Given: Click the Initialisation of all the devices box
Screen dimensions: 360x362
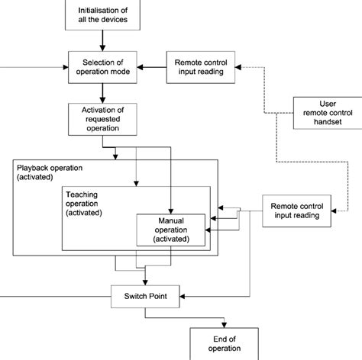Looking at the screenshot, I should click(x=104, y=14).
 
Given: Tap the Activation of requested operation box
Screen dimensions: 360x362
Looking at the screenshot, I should click(x=104, y=120).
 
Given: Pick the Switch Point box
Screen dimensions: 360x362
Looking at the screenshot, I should click(x=145, y=296).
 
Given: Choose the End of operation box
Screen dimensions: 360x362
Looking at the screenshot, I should click(x=225, y=340).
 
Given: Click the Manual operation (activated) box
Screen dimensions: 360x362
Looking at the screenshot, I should click(x=173, y=230).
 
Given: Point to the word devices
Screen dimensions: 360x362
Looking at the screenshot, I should click(x=118, y=20).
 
